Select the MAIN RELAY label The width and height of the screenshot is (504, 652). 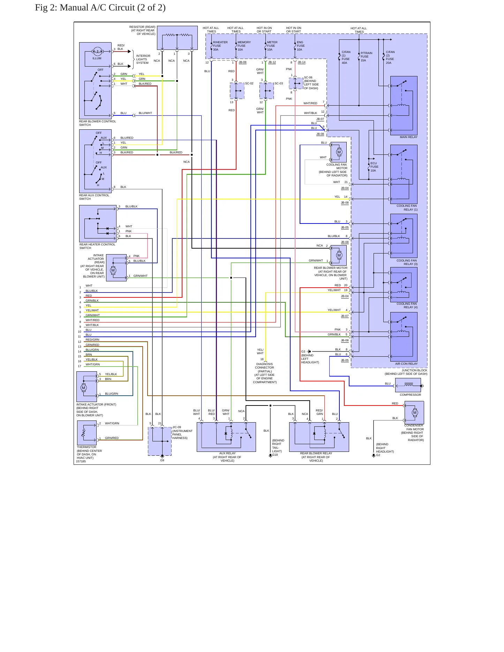point(408,137)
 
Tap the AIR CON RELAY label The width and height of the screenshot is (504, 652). point(406,364)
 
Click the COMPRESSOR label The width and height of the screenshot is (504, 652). point(410,395)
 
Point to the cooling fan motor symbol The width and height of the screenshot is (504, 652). point(339,152)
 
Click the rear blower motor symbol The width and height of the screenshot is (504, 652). point(339,255)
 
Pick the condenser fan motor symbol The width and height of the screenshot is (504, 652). point(415,412)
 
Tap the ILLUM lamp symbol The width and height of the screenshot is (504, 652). point(97,52)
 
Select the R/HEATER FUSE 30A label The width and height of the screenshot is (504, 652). point(220,46)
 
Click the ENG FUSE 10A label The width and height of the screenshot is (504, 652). point(301,46)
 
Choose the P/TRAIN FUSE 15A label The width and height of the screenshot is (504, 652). point(366,57)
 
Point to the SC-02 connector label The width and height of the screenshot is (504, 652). point(249,84)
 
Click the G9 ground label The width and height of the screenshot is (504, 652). point(162,460)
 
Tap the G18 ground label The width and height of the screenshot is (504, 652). point(275,455)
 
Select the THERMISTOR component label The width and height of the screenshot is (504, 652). point(86,447)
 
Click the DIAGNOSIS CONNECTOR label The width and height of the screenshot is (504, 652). point(264,366)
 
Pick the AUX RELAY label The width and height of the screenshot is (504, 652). point(227,454)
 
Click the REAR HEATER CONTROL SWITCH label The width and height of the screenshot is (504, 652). point(97,246)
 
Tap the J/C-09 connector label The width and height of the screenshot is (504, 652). point(176,427)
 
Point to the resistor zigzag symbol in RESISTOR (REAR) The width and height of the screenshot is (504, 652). point(177,35)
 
